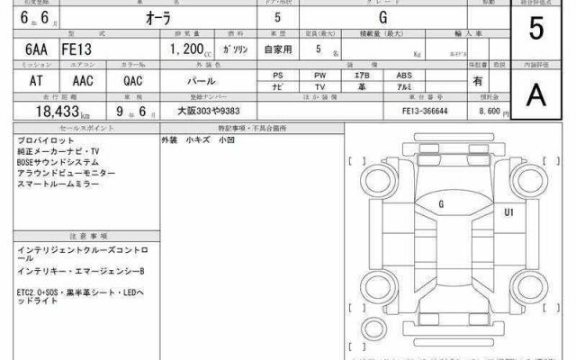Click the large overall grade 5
(x=537, y=30)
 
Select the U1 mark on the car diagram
(x=508, y=213)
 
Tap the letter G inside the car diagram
(x=441, y=204)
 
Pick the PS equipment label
(x=278, y=76)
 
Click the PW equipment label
(x=320, y=76)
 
